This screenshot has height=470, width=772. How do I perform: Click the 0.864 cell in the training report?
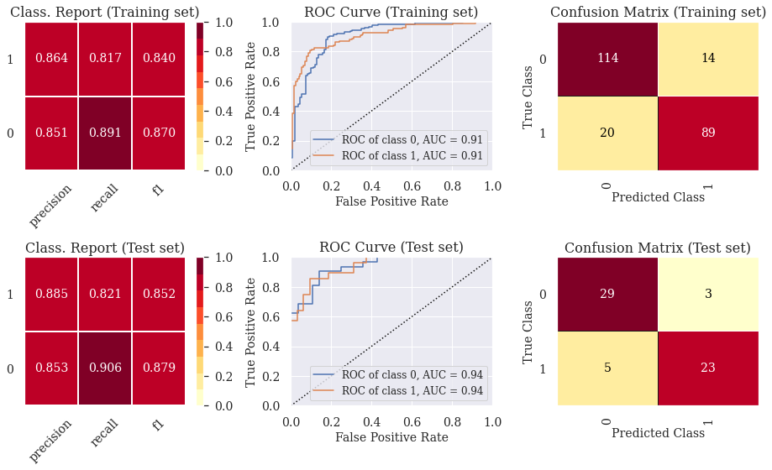click(x=51, y=58)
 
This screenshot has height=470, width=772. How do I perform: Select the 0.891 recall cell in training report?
click(x=105, y=133)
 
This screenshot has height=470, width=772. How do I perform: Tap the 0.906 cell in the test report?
click(x=105, y=368)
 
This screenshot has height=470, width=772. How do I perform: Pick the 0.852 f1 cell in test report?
click(x=159, y=294)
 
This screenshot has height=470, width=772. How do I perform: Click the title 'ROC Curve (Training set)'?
click(x=391, y=13)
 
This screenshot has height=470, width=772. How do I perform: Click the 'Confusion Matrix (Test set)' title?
click(x=657, y=248)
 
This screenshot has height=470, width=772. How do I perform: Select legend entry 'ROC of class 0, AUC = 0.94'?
click(x=399, y=374)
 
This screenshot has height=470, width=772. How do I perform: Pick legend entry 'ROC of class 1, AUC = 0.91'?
click(x=399, y=156)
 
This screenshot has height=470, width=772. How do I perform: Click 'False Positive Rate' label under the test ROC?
click(x=391, y=437)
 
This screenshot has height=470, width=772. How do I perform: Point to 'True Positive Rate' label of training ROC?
click(x=250, y=96)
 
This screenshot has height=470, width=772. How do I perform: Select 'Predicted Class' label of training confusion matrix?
click(x=658, y=198)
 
